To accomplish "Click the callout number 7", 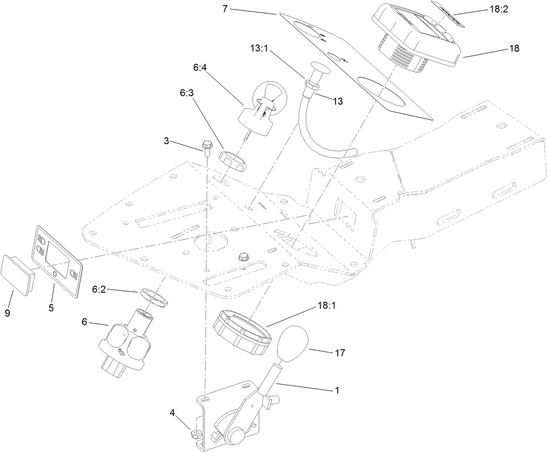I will pyautogui.click(x=224, y=8).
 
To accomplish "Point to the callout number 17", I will pyautogui.click(x=340, y=353).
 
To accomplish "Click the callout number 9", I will pyautogui.click(x=8, y=312).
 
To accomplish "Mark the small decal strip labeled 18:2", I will pyautogui.click(x=448, y=11).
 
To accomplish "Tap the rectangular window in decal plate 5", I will pyautogui.click(x=57, y=256).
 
